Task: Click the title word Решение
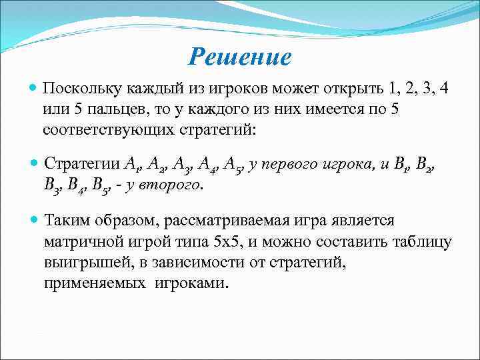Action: pyautogui.click(x=240, y=57)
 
